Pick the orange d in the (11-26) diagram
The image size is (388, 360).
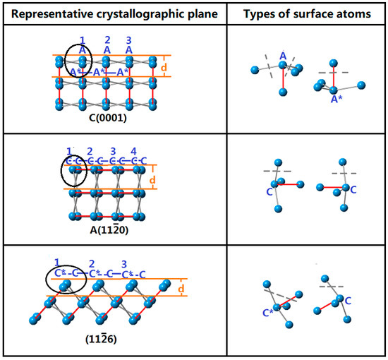182,289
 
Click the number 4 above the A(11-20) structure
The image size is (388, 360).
133,151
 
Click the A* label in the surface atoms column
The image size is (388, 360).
337,99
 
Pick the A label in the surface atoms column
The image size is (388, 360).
282,55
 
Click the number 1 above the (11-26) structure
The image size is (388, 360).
57,263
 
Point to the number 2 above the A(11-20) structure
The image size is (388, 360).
90,151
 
